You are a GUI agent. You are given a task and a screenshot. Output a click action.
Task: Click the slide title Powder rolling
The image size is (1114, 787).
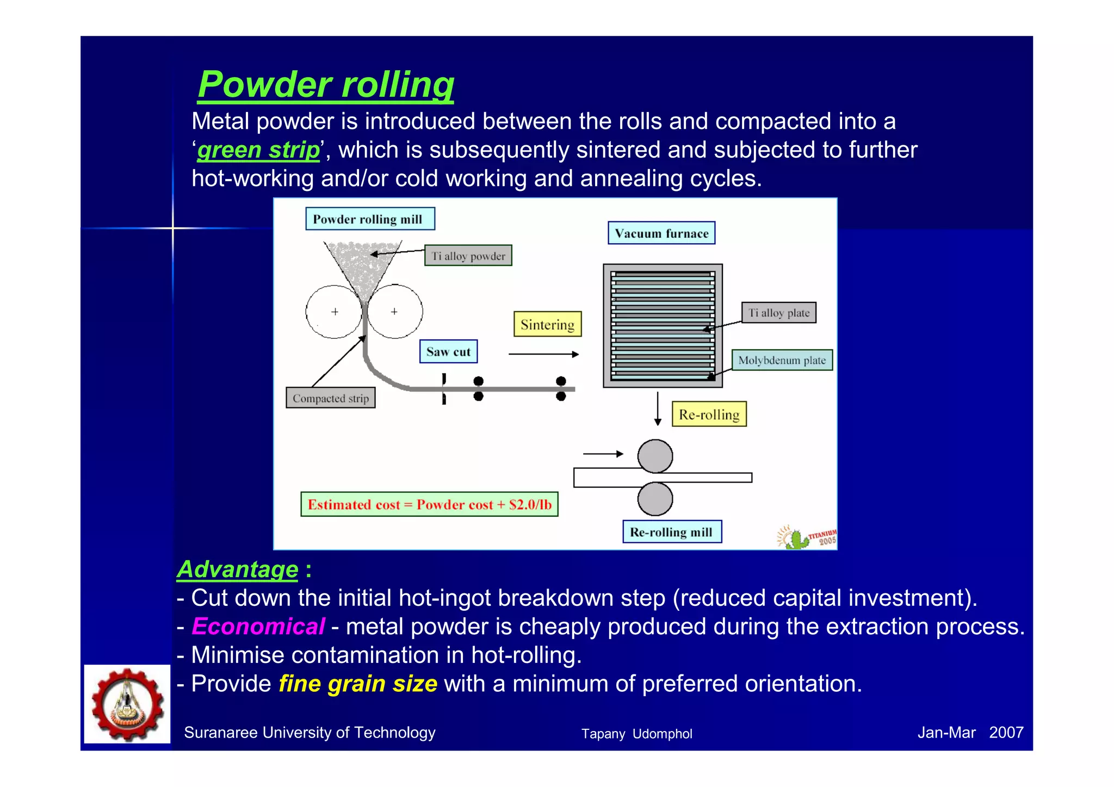(325, 85)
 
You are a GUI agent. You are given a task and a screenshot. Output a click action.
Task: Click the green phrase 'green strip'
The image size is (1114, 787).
(258, 150)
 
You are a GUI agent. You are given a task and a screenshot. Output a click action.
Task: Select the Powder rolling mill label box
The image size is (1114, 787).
(369, 219)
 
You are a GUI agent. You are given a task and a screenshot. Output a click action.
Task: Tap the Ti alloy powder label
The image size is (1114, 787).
(468, 256)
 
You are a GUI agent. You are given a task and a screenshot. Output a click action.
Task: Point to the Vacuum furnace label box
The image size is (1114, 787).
(661, 233)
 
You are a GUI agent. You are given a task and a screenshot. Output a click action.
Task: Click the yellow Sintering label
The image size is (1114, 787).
(547, 325)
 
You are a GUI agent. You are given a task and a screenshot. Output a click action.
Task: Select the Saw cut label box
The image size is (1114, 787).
(448, 352)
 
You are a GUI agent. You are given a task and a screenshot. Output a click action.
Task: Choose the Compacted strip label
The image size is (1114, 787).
(330, 398)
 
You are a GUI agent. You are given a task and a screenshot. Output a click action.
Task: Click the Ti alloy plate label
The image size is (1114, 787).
(778, 313)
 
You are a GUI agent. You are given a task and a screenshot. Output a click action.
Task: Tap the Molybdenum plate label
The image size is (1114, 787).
(782, 360)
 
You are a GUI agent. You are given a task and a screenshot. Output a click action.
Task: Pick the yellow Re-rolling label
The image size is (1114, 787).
(709, 414)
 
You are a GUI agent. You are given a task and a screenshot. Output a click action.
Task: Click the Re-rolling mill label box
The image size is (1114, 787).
(671, 532)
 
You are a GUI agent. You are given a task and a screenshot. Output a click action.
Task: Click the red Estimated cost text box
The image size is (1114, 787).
(429, 504)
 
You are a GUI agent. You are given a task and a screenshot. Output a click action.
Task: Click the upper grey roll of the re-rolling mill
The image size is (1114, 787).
(655, 456)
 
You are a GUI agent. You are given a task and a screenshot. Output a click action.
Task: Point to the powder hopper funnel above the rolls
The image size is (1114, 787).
(362, 267)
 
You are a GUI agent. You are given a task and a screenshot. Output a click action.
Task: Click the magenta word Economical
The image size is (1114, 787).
(258, 627)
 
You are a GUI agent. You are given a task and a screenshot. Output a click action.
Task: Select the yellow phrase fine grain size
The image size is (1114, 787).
(357, 684)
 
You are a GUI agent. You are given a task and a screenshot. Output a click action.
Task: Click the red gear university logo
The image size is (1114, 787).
(127, 704)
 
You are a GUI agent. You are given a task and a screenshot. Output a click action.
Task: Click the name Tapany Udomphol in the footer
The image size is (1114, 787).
(636, 734)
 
